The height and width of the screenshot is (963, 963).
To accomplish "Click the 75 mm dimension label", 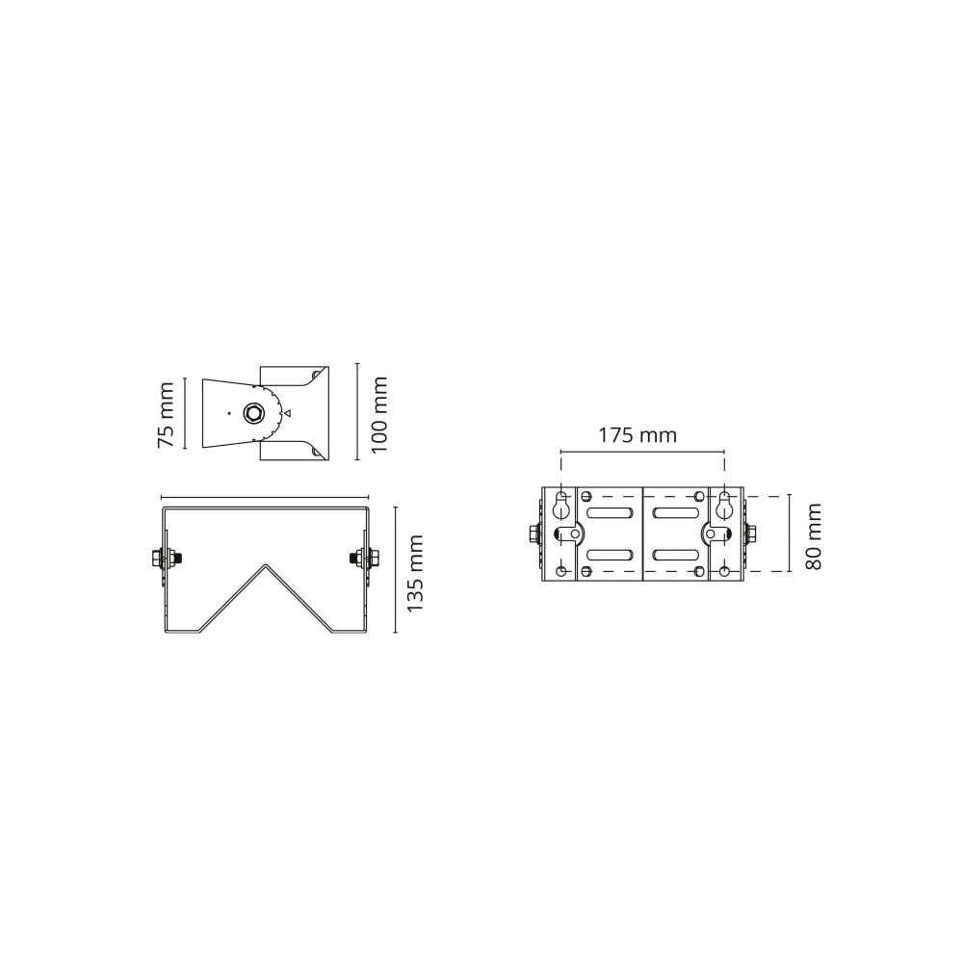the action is click(x=167, y=414).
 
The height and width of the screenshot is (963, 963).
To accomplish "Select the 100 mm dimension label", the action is click(x=379, y=414).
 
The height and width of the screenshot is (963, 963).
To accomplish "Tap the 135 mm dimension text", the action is click(x=416, y=573).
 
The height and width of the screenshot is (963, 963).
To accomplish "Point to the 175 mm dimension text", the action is click(x=638, y=435).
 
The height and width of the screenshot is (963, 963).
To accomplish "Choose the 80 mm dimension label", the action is click(x=813, y=536).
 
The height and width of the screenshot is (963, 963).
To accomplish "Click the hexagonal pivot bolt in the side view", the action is click(x=251, y=413).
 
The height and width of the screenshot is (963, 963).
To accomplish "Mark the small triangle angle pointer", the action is click(x=287, y=413).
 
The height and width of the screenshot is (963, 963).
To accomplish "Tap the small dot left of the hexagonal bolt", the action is click(x=228, y=413).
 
